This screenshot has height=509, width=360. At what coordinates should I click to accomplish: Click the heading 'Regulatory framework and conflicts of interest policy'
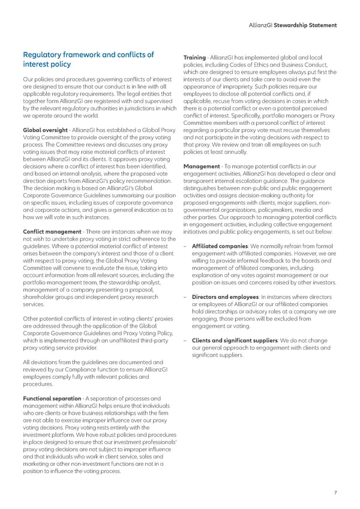point(88,59)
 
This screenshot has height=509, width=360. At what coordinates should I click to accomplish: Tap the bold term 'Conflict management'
point(51,232)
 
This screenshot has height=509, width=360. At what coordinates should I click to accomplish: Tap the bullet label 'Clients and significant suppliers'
point(236,340)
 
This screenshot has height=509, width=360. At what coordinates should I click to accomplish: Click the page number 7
point(335,493)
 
